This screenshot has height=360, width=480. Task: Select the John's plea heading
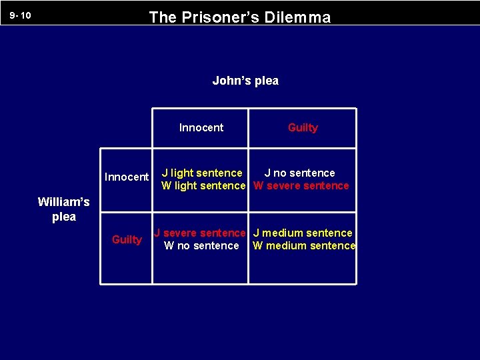click(x=245, y=81)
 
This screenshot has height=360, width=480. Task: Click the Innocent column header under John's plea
click(x=201, y=127)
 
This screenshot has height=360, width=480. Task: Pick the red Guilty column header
click(x=303, y=127)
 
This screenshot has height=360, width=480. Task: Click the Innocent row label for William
click(x=127, y=177)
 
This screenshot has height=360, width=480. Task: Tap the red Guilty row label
click(x=127, y=239)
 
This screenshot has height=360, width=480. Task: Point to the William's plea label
click(x=64, y=209)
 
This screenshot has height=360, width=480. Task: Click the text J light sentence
click(x=202, y=173)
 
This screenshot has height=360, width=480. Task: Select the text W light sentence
click(x=203, y=185)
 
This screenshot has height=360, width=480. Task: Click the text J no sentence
click(x=299, y=173)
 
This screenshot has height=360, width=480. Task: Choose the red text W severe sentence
click(x=301, y=185)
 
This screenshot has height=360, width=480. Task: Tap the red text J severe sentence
click(x=200, y=233)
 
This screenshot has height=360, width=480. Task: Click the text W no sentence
click(x=201, y=245)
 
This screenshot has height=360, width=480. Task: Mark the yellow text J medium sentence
click(x=303, y=233)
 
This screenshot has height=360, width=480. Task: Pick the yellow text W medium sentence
click(x=304, y=245)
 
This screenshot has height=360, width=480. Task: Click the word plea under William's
click(x=64, y=217)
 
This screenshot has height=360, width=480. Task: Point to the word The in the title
click(x=162, y=17)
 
